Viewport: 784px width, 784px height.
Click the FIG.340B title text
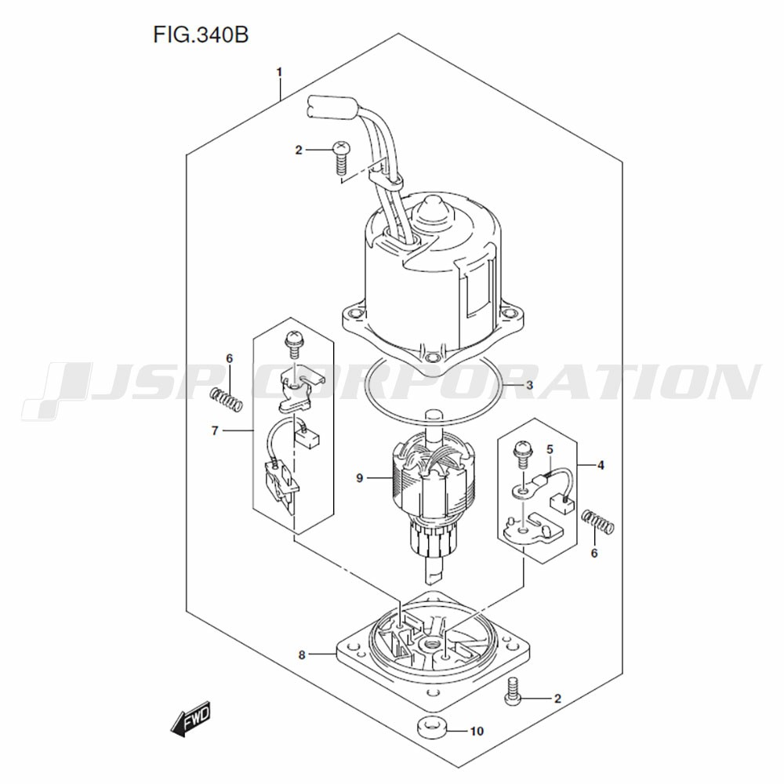point(201,35)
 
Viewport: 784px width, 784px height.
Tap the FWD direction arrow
point(190,718)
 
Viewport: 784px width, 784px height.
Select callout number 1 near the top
point(280,72)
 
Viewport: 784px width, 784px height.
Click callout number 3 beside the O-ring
point(529,386)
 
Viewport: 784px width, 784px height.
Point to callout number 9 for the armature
point(360,478)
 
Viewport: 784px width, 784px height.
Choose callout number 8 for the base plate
point(302,655)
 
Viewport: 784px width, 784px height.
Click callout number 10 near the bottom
point(477,731)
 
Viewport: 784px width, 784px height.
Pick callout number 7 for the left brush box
point(215,430)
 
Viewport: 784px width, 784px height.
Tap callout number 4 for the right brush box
point(601,465)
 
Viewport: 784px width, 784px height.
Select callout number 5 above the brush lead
point(550,449)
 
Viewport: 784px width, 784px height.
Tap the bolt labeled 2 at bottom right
point(514,692)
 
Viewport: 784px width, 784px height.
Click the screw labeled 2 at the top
point(341,157)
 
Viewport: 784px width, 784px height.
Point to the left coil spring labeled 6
point(226,400)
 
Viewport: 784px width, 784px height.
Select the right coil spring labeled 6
point(598,521)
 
